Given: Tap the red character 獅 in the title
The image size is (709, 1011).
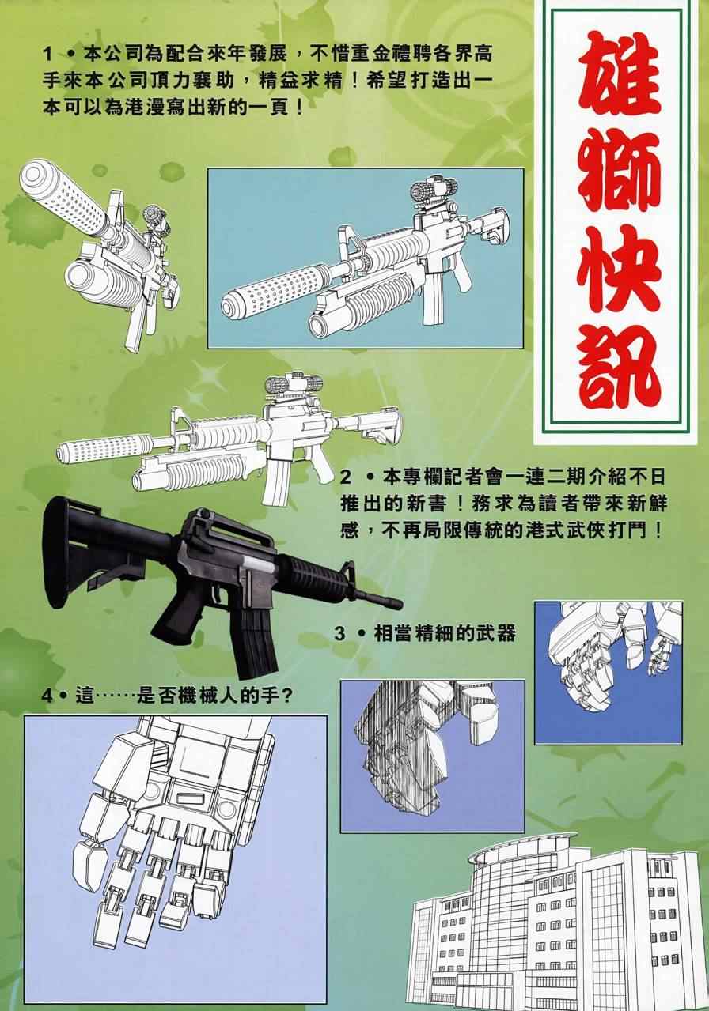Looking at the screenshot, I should click(x=618, y=177).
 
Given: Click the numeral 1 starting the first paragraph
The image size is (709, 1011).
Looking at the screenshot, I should click(x=48, y=54).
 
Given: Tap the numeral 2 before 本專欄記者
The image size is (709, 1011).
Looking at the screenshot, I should click(x=346, y=478).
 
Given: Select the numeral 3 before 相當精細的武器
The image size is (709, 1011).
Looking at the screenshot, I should click(x=339, y=633).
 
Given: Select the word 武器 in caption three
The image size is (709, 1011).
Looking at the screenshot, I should click(x=497, y=633).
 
